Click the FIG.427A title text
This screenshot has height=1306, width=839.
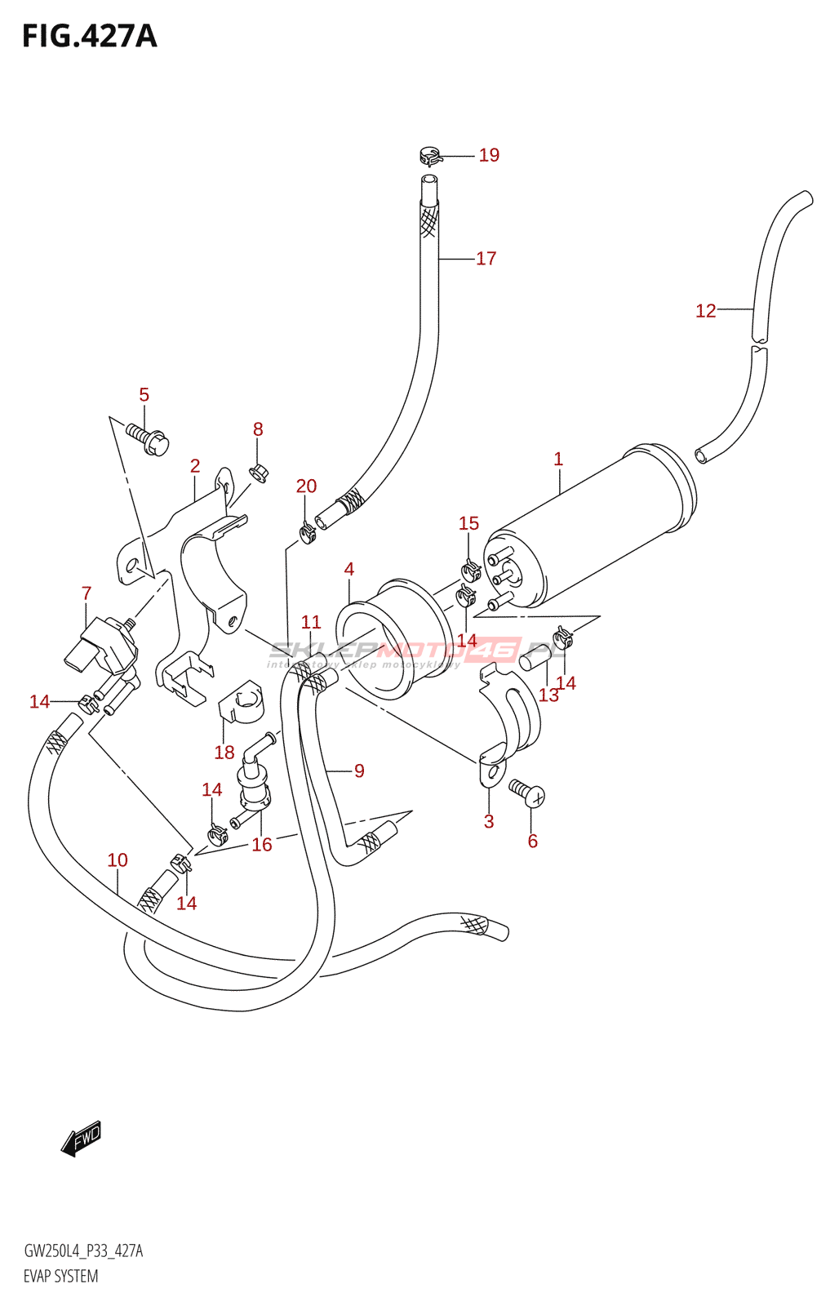pyautogui.click(x=89, y=37)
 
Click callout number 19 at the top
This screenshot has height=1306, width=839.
pyautogui.click(x=489, y=155)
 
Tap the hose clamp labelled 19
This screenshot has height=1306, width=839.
pyautogui.click(x=430, y=154)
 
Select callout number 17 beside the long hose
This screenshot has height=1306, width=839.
pyautogui.click(x=486, y=259)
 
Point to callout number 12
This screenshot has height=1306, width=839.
pyautogui.click(x=705, y=311)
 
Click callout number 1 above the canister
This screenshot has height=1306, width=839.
pyautogui.click(x=558, y=460)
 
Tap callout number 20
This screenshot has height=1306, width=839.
pyautogui.click(x=306, y=486)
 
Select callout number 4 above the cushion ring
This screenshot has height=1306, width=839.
pyautogui.click(x=349, y=570)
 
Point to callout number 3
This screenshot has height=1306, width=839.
pyautogui.click(x=489, y=822)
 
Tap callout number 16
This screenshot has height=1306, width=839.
pyautogui.click(x=262, y=845)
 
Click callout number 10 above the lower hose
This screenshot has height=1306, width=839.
pyautogui.click(x=118, y=860)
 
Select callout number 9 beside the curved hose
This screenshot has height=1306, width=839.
pyautogui.click(x=359, y=771)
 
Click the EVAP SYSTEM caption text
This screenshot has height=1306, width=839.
pyautogui.click(x=61, y=1277)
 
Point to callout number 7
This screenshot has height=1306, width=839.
pyautogui.click(x=87, y=593)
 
